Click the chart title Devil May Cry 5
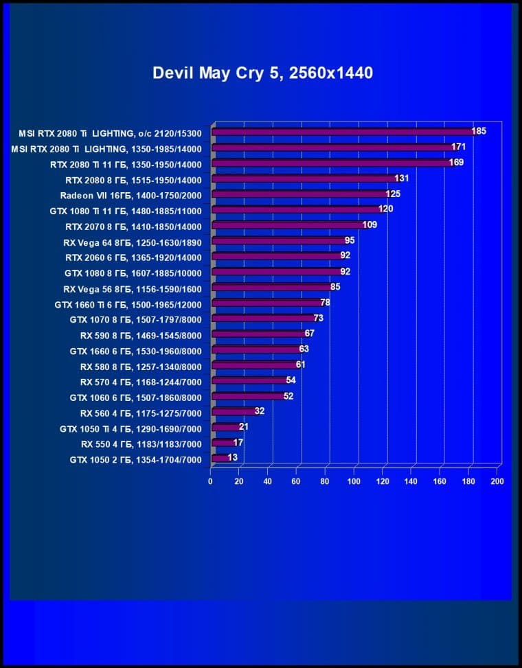click(262, 73)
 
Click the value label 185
click(479, 131)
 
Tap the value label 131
click(402, 178)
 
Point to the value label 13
click(233, 458)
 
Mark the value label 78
click(326, 303)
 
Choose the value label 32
click(260, 411)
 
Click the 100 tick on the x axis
click(354, 482)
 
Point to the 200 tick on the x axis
click(497, 482)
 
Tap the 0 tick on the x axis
click(211, 482)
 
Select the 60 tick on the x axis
click(297, 482)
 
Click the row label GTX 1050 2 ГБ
click(136, 459)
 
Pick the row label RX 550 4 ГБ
click(141, 444)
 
